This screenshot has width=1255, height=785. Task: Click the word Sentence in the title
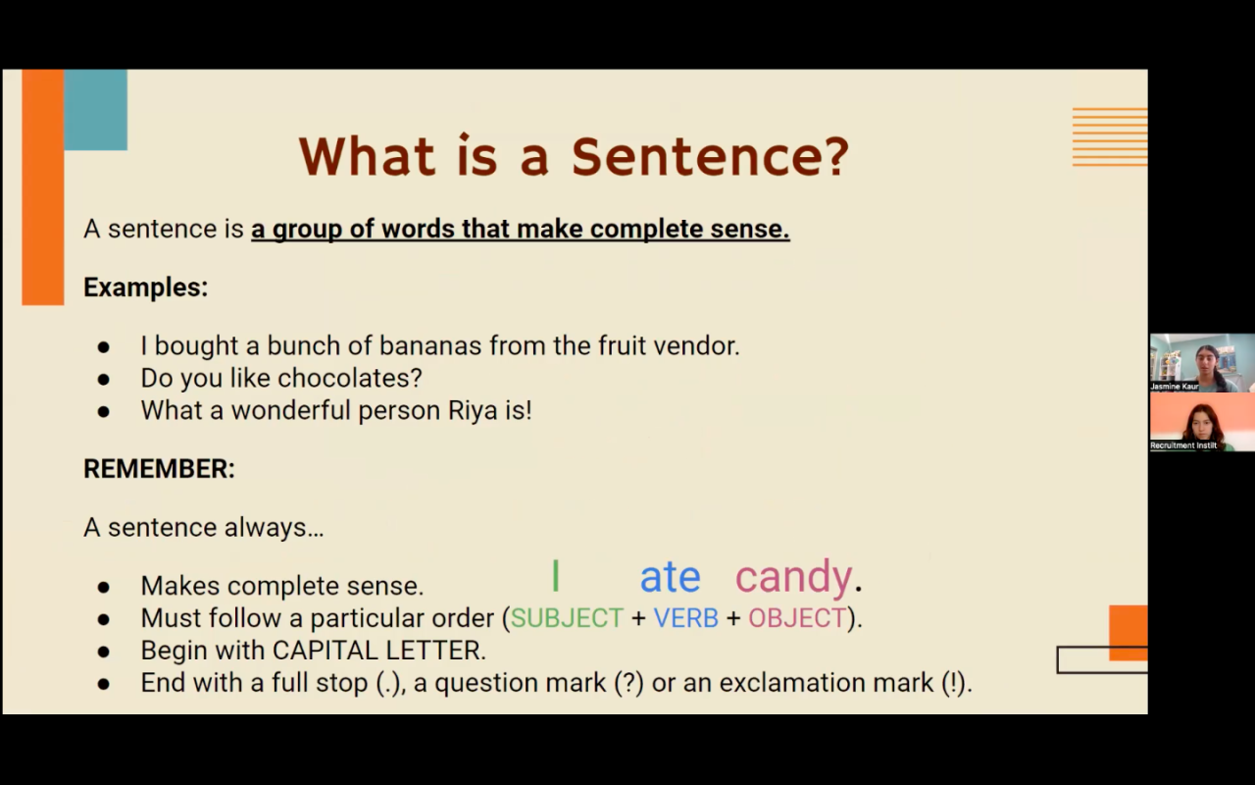coord(693,156)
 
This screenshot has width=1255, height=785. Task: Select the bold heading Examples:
coord(146,288)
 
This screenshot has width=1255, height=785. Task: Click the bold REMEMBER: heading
coord(159,469)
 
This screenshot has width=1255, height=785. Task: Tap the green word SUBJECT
coord(567,618)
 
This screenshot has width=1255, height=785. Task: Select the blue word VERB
coord(685,618)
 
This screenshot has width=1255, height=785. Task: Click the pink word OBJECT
coord(797,618)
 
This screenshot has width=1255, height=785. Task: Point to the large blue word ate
coord(670,576)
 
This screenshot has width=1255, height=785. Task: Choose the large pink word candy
coord(793,578)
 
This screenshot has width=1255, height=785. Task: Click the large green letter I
coord(555,575)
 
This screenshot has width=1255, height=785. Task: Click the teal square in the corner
coord(95,109)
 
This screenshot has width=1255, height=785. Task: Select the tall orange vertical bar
coord(42,186)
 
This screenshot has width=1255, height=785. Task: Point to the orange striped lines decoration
coord(1110,136)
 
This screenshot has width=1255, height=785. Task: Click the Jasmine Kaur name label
coord(1175,387)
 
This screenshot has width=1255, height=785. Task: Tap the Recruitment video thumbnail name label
coord(1183,445)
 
